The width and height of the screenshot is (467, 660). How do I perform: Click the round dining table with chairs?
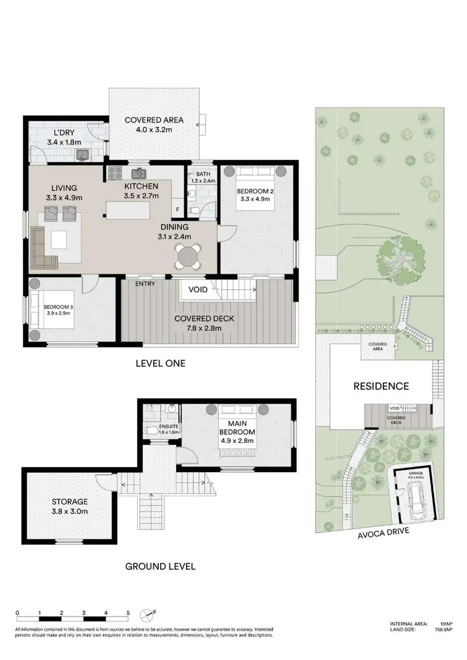click(187, 255)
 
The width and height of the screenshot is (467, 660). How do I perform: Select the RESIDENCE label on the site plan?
click(381, 386)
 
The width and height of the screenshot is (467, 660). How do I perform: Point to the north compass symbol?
click(148, 615)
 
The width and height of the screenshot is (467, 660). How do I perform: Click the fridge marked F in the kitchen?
click(177, 210)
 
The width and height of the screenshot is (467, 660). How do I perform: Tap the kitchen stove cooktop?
click(115, 174)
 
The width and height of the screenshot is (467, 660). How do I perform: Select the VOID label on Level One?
click(198, 289)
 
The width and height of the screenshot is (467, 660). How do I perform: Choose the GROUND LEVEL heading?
click(161, 566)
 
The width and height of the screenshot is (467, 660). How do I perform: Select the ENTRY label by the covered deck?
click(145, 284)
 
